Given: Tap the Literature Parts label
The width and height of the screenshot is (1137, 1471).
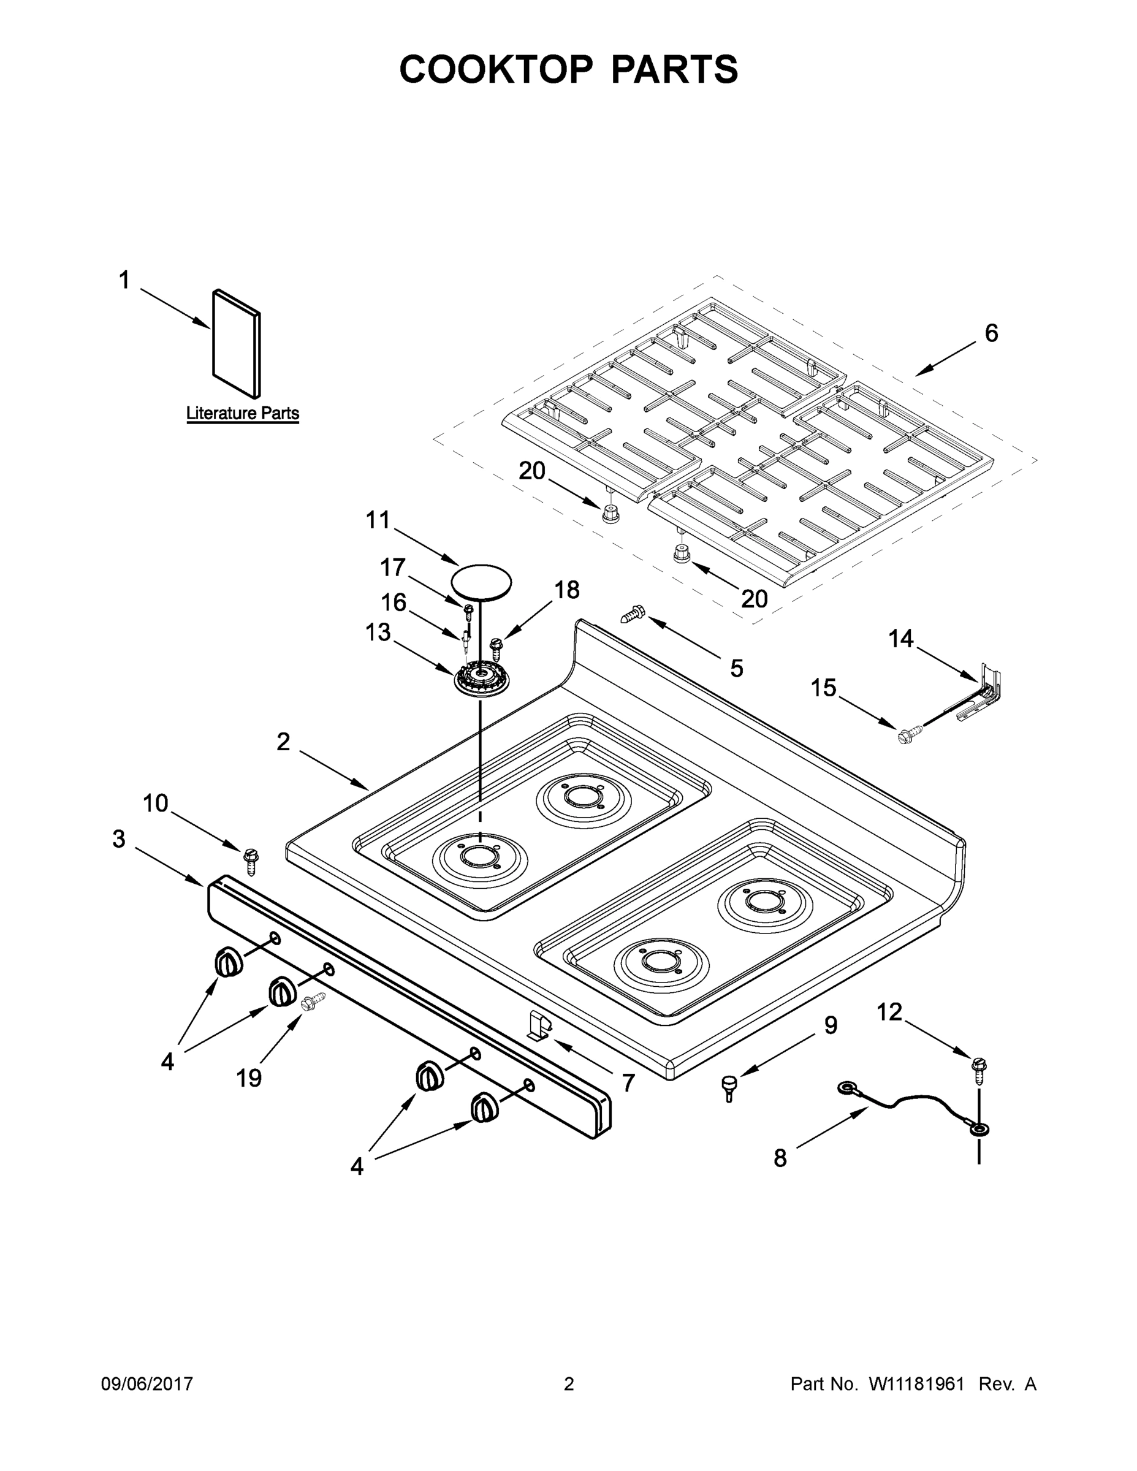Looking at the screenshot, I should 243,413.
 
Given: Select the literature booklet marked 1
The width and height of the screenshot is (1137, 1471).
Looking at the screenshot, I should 237,343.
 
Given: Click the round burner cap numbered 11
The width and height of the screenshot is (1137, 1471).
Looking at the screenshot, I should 481,580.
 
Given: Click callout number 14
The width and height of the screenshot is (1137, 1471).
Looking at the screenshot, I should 900,639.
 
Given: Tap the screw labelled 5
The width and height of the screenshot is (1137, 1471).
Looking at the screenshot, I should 632,614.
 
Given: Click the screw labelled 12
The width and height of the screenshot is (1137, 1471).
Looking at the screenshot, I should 979,1070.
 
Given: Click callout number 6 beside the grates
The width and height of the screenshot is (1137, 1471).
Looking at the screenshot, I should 991,333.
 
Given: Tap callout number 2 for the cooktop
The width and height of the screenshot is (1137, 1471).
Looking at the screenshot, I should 284,742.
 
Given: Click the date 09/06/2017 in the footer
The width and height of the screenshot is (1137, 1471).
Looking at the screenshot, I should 147,1384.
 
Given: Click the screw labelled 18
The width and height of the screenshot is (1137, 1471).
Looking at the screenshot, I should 497,648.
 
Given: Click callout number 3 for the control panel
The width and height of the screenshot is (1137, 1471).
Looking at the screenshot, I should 118,838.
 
